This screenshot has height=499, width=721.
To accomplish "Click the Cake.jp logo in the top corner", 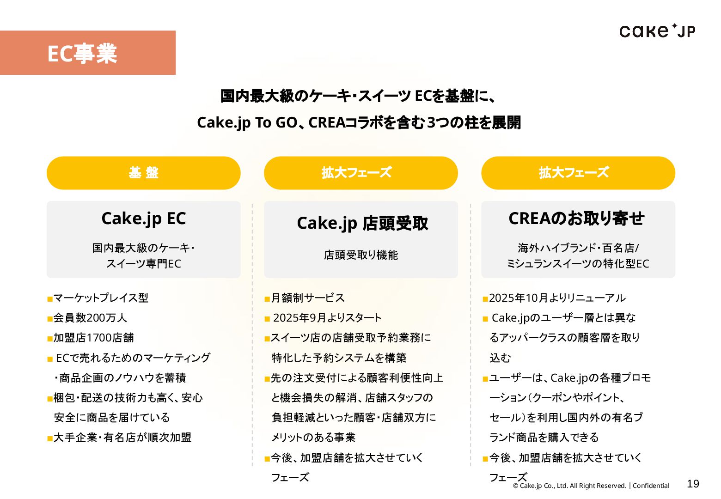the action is coord(657,31).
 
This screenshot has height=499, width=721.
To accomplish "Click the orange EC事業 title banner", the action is coord(87,53).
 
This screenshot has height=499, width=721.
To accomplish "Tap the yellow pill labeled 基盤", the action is coord(143,173).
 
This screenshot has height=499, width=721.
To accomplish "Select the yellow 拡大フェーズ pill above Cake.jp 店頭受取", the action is coord(360,173).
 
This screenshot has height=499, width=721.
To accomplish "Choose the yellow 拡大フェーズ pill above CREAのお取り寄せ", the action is coord(578,173).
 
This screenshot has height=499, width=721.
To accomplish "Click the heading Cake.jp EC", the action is coord(143,219).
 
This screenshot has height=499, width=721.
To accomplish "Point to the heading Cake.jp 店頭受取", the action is coord(362,223).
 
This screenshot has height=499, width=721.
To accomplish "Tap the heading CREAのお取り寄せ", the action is coord(576,219).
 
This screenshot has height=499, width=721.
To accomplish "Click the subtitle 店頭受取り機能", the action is coord(360,255).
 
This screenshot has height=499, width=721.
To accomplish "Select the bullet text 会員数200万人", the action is coord(90,318).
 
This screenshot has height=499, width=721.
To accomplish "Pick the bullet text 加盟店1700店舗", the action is coord(93,338).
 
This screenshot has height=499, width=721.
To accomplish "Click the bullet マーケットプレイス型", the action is coord(101,298).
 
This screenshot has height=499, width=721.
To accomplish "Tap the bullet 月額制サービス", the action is coord(308,298).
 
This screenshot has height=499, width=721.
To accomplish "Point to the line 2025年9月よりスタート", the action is coord(327,318).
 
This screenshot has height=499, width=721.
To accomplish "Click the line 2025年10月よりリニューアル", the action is coord(557,298).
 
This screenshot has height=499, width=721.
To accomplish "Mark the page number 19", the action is coord(693,484).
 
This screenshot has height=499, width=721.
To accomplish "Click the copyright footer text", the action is coord(591,486).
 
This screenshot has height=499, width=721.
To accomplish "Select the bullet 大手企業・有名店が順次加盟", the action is coord(122,438).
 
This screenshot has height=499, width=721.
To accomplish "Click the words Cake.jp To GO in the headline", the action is coord(247,122).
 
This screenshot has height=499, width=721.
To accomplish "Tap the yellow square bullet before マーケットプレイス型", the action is coord(50,299).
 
